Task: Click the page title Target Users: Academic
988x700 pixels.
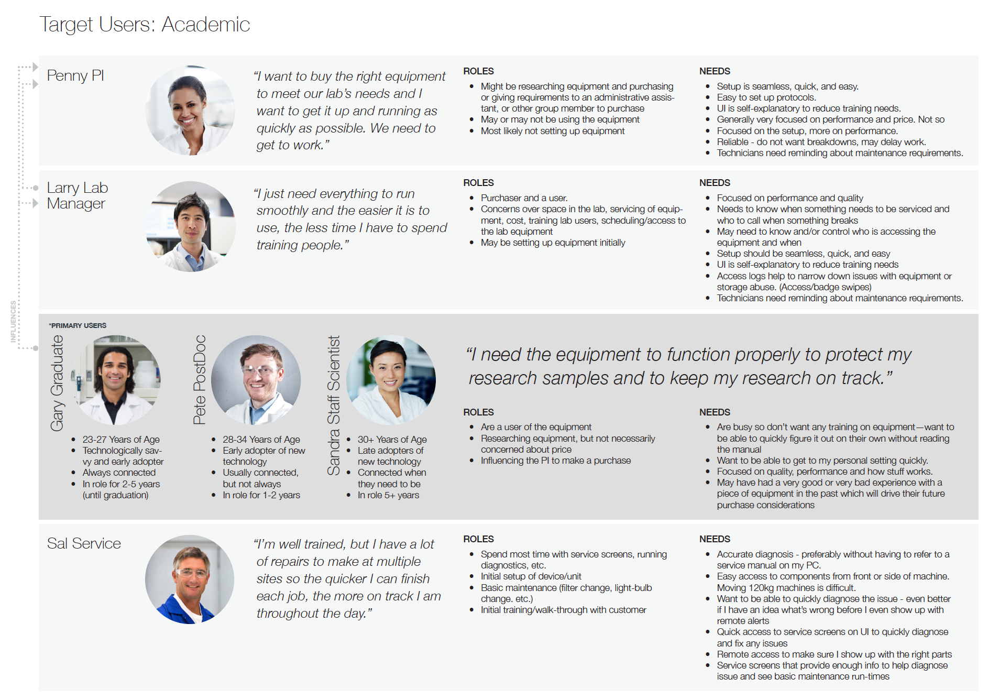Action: tap(145, 25)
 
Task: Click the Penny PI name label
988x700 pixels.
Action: tap(75, 75)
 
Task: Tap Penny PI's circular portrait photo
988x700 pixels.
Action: tap(190, 110)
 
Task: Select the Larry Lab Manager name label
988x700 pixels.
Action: tap(77, 195)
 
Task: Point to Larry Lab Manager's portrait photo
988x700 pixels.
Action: tap(190, 226)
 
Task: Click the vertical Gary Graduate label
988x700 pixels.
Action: tap(57, 383)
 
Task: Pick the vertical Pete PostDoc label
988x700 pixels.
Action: tap(199, 380)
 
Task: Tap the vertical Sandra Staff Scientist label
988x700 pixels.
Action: tap(334, 406)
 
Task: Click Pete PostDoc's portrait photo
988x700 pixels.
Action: tap(256, 380)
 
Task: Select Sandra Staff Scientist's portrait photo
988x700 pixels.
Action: tap(391, 380)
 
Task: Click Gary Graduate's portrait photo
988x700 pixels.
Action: tap(115, 380)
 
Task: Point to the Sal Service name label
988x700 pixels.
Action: tap(84, 543)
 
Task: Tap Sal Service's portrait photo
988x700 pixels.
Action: tap(190, 579)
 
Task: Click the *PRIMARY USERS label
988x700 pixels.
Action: tap(78, 325)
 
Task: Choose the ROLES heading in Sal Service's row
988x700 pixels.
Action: tap(478, 539)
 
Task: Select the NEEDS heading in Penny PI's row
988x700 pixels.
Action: tap(715, 71)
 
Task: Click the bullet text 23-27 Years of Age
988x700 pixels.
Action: tap(121, 440)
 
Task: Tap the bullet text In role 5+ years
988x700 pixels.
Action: tap(388, 495)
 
